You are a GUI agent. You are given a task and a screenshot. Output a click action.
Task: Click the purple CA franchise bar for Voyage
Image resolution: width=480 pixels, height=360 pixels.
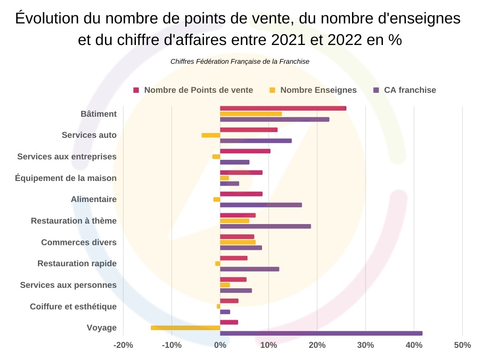tap(321, 333)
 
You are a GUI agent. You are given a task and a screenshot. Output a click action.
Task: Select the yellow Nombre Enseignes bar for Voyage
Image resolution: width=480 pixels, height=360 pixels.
tap(186, 328)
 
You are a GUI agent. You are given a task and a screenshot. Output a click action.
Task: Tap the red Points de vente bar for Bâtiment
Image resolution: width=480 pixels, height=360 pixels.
tap(283, 108)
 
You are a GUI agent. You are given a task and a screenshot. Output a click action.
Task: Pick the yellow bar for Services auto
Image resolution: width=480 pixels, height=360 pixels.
tap(211, 135)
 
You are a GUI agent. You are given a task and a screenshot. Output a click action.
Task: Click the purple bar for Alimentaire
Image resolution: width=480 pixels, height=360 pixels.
tap(261, 205)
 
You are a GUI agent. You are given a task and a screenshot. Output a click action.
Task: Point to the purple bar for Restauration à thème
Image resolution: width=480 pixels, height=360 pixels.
tap(265, 226)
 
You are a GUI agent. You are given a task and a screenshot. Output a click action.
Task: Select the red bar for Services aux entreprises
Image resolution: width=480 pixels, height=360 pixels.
tap(245, 151)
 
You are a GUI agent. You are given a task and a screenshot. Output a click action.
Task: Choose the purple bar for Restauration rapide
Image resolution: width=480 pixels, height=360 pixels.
tap(249, 269)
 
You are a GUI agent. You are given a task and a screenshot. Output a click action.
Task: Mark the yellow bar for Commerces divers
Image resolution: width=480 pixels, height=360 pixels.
tap(238, 242)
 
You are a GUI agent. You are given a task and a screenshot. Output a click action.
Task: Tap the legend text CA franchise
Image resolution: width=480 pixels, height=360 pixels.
tap(410, 90)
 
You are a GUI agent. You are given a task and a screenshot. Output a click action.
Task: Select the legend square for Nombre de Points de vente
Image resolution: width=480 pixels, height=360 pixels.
tap(136, 90)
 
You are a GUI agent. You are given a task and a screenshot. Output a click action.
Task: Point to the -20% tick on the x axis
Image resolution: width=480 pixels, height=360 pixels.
tap(123, 345)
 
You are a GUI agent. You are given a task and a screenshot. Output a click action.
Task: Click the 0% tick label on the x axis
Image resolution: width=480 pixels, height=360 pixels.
tap(220, 345)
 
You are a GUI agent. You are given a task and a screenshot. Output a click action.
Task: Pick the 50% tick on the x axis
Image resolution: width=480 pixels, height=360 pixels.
tap(462, 345)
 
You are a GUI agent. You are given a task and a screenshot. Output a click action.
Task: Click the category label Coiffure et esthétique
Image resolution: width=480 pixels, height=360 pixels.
tap(73, 307)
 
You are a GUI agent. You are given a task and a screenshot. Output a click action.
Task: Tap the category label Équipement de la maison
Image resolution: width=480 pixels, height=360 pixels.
tap(66, 178)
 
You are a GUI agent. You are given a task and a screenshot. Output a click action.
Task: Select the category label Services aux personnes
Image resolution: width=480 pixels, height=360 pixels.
tap(68, 285)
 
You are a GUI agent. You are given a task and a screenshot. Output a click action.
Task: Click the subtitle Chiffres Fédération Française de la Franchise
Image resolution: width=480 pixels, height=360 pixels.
tap(240, 61)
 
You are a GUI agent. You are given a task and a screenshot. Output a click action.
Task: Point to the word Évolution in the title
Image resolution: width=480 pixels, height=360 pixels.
tap(47, 19)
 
